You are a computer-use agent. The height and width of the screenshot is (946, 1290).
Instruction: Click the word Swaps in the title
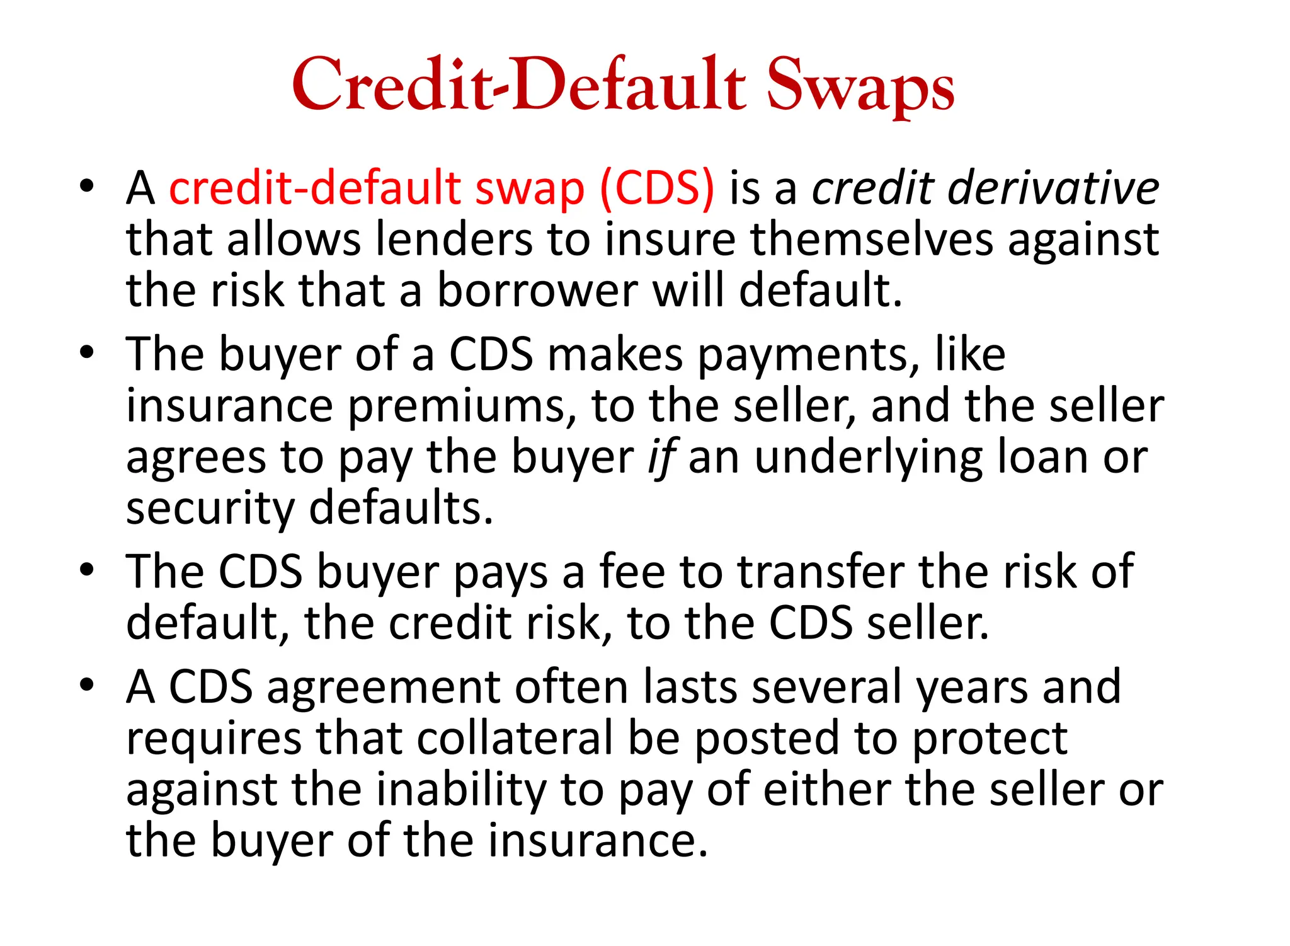pos(860,85)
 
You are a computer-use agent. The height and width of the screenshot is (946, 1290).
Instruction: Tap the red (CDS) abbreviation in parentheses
pos(657,188)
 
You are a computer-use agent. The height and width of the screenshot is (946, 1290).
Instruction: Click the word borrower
pos(537,291)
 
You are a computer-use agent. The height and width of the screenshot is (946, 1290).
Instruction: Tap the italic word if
pos(661,458)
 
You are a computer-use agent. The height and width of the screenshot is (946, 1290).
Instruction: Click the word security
pos(210,509)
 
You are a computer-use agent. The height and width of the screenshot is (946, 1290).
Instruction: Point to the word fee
pos(632,572)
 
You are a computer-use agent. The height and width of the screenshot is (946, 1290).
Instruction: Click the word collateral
pos(515,738)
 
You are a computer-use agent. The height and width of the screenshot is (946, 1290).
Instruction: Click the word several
pos(826,687)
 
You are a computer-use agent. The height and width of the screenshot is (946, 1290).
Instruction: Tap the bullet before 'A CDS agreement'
pos(87,684)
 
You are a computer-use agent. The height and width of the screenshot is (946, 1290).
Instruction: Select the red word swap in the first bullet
pos(529,189)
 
